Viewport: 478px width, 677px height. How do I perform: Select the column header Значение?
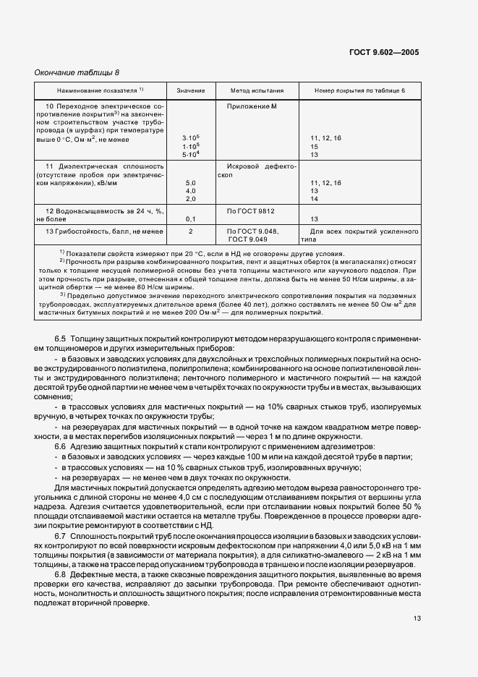point(191,91)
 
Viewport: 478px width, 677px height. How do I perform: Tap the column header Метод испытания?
point(257,91)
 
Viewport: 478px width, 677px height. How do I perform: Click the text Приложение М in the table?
point(252,107)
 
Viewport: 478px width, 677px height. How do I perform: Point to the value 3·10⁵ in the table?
point(191,137)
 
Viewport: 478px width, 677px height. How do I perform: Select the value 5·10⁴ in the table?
point(191,154)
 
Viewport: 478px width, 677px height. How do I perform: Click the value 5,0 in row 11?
point(191,183)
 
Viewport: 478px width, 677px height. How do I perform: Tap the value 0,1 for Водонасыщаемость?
point(191,218)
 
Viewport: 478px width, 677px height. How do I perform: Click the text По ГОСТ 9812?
point(251,210)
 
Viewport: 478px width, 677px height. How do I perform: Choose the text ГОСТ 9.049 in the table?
point(249,238)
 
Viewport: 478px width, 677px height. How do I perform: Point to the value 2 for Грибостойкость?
point(191,231)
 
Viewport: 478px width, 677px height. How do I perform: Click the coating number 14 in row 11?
point(315,199)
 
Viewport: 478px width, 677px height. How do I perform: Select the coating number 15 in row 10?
point(315,145)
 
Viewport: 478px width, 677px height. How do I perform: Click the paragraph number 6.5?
point(60,338)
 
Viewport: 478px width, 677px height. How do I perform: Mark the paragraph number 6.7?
point(60,535)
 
